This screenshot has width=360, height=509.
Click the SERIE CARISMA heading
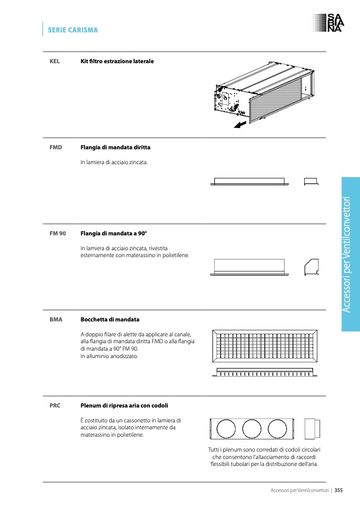tap(73, 30)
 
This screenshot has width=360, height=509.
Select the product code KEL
tap(54, 62)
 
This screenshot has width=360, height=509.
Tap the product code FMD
tap(56, 147)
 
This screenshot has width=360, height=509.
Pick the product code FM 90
tap(57, 233)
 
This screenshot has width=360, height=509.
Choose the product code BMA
tap(56, 320)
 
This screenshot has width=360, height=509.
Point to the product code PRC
tap(55, 405)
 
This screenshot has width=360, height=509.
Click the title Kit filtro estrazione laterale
tap(117, 62)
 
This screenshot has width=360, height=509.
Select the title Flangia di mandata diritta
tap(119, 147)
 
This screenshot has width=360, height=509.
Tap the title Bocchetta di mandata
tap(110, 320)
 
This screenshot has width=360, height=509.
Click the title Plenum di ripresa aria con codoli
tap(124, 405)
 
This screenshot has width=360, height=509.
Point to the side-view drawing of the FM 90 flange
tap(311, 267)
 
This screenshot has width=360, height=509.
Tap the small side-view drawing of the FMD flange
tap(311, 181)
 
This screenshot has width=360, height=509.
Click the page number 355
tap(338, 490)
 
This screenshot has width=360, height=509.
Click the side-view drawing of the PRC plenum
tap(311, 429)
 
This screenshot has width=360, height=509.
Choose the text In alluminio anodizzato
tap(109, 357)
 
